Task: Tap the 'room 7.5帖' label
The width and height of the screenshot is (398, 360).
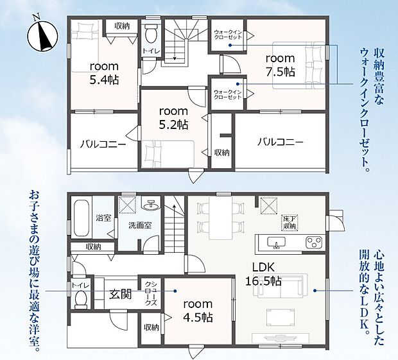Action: point(281,65)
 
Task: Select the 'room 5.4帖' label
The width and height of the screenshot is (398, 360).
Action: point(104,73)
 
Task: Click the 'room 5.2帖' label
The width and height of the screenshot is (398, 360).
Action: point(173,118)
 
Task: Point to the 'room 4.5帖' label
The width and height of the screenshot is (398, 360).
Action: point(198,311)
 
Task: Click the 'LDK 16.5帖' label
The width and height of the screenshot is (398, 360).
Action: point(263,274)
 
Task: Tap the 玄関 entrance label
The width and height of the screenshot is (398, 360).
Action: point(120,295)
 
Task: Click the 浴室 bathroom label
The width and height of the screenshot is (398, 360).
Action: point(103,218)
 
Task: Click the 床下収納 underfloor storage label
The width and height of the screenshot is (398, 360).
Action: point(291,223)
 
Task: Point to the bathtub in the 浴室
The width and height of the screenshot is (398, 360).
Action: point(82,218)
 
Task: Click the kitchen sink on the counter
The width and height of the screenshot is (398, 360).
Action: point(277,243)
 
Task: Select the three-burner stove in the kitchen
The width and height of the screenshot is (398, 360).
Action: point(314,242)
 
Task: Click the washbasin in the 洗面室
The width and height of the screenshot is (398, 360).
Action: point(151,204)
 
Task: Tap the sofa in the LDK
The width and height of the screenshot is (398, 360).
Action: point(281,286)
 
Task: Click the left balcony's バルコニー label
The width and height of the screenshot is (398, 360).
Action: point(103,144)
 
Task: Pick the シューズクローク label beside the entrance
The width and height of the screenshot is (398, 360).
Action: point(151,293)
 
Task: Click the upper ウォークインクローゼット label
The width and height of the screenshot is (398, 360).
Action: point(228,35)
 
